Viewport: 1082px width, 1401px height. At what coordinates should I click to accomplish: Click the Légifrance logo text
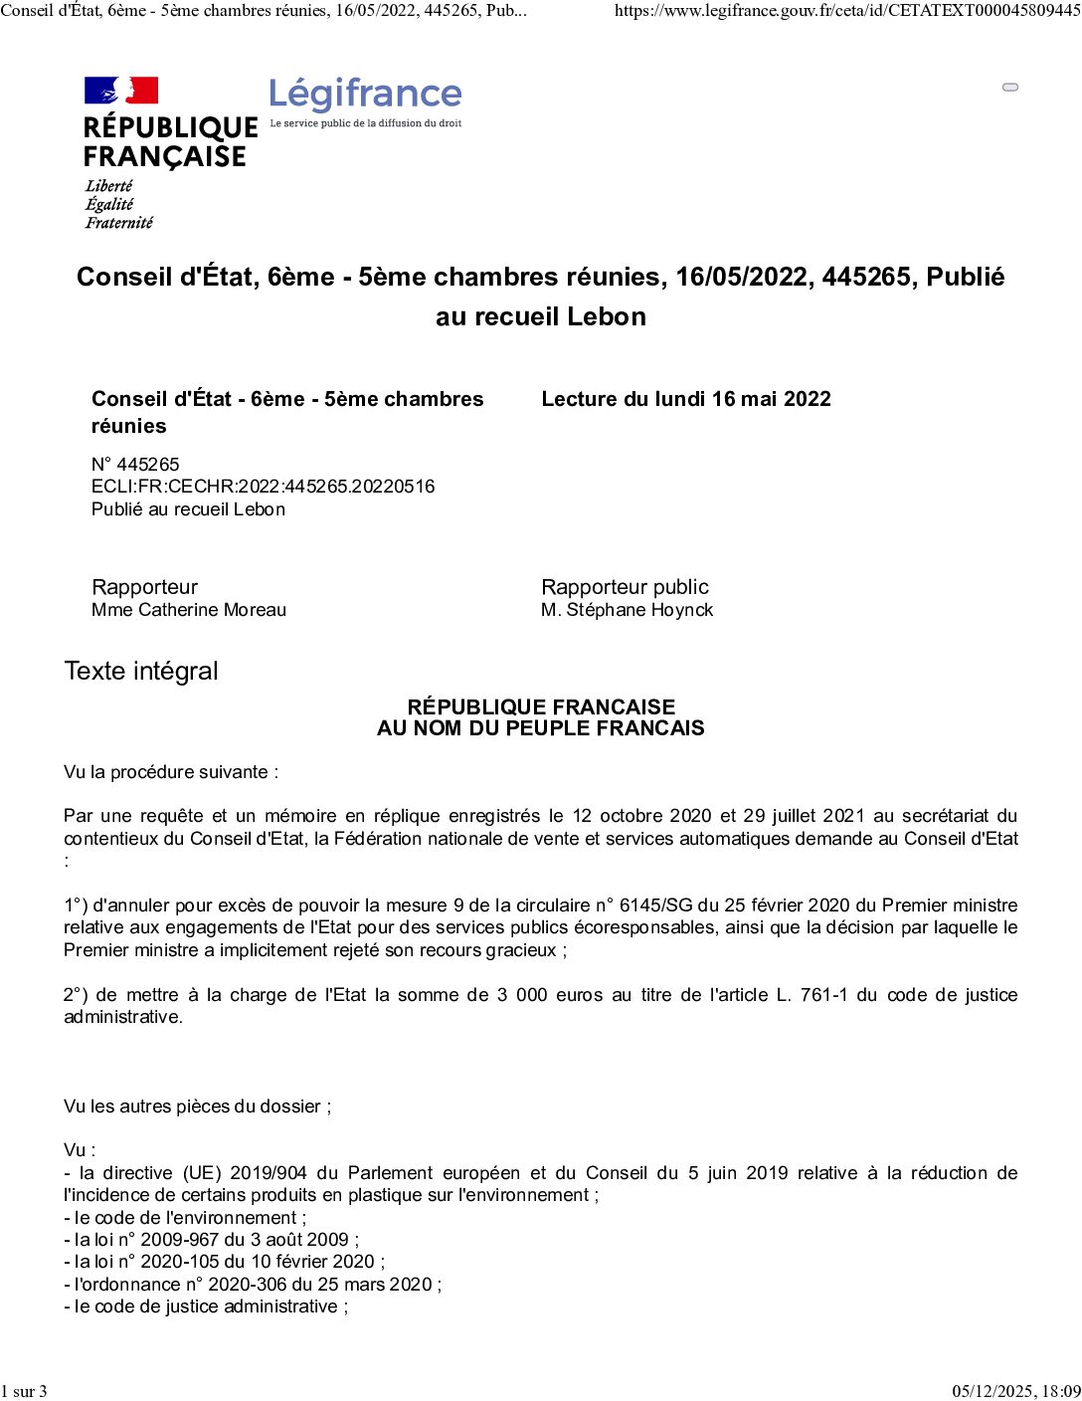click(x=365, y=95)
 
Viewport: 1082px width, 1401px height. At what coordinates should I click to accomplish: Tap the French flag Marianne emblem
click(x=121, y=91)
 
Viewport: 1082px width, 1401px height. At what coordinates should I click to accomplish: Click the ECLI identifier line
click(x=263, y=487)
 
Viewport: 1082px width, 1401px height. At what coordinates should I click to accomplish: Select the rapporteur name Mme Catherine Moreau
click(x=189, y=610)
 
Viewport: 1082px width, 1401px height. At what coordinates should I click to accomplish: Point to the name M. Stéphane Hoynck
click(x=627, y=610)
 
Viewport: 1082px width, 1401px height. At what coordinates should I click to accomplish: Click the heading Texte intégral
click(x=141, y=671)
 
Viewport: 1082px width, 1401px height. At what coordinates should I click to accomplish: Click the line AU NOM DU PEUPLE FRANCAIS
click(x=540, y=728)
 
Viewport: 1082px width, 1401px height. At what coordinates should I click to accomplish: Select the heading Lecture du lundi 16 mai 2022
click(x=685, y=399)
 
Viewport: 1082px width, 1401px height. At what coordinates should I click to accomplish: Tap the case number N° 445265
click(x=135, y=464)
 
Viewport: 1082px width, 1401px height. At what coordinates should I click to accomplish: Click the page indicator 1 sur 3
click(x=24, y=1391)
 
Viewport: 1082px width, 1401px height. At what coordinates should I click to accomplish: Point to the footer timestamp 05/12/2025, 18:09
click(x=1016, y=1391)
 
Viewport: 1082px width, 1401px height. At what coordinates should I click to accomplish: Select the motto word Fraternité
click(x=119, y=223)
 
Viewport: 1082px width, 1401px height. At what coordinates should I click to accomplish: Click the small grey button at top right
click(x=1010, y=88)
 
